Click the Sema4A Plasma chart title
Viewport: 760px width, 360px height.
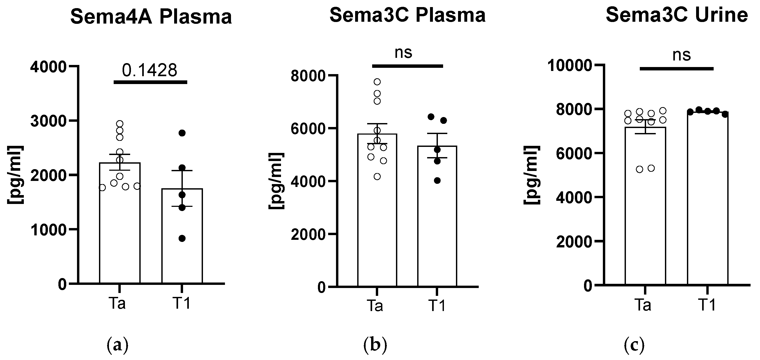tap(151, 17)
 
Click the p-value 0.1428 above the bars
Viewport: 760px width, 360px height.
tap(150, 70)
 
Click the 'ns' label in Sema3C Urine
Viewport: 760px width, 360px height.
tap(681, 55)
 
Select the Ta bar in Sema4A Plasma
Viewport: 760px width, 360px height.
tap(120, 224)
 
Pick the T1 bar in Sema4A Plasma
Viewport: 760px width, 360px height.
tap(182, 236)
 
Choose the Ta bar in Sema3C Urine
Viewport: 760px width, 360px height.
tap(645, 206)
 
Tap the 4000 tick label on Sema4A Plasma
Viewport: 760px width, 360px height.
tap(48, 67)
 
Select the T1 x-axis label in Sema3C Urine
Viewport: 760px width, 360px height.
tap(707, 305)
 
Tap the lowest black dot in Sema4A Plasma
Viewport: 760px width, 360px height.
tap(182, 239)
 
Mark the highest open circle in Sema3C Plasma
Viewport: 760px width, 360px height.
tap(377, 82)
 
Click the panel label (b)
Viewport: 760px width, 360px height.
tap(375, 345)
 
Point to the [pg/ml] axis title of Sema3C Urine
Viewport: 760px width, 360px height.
tap(532, 175)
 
